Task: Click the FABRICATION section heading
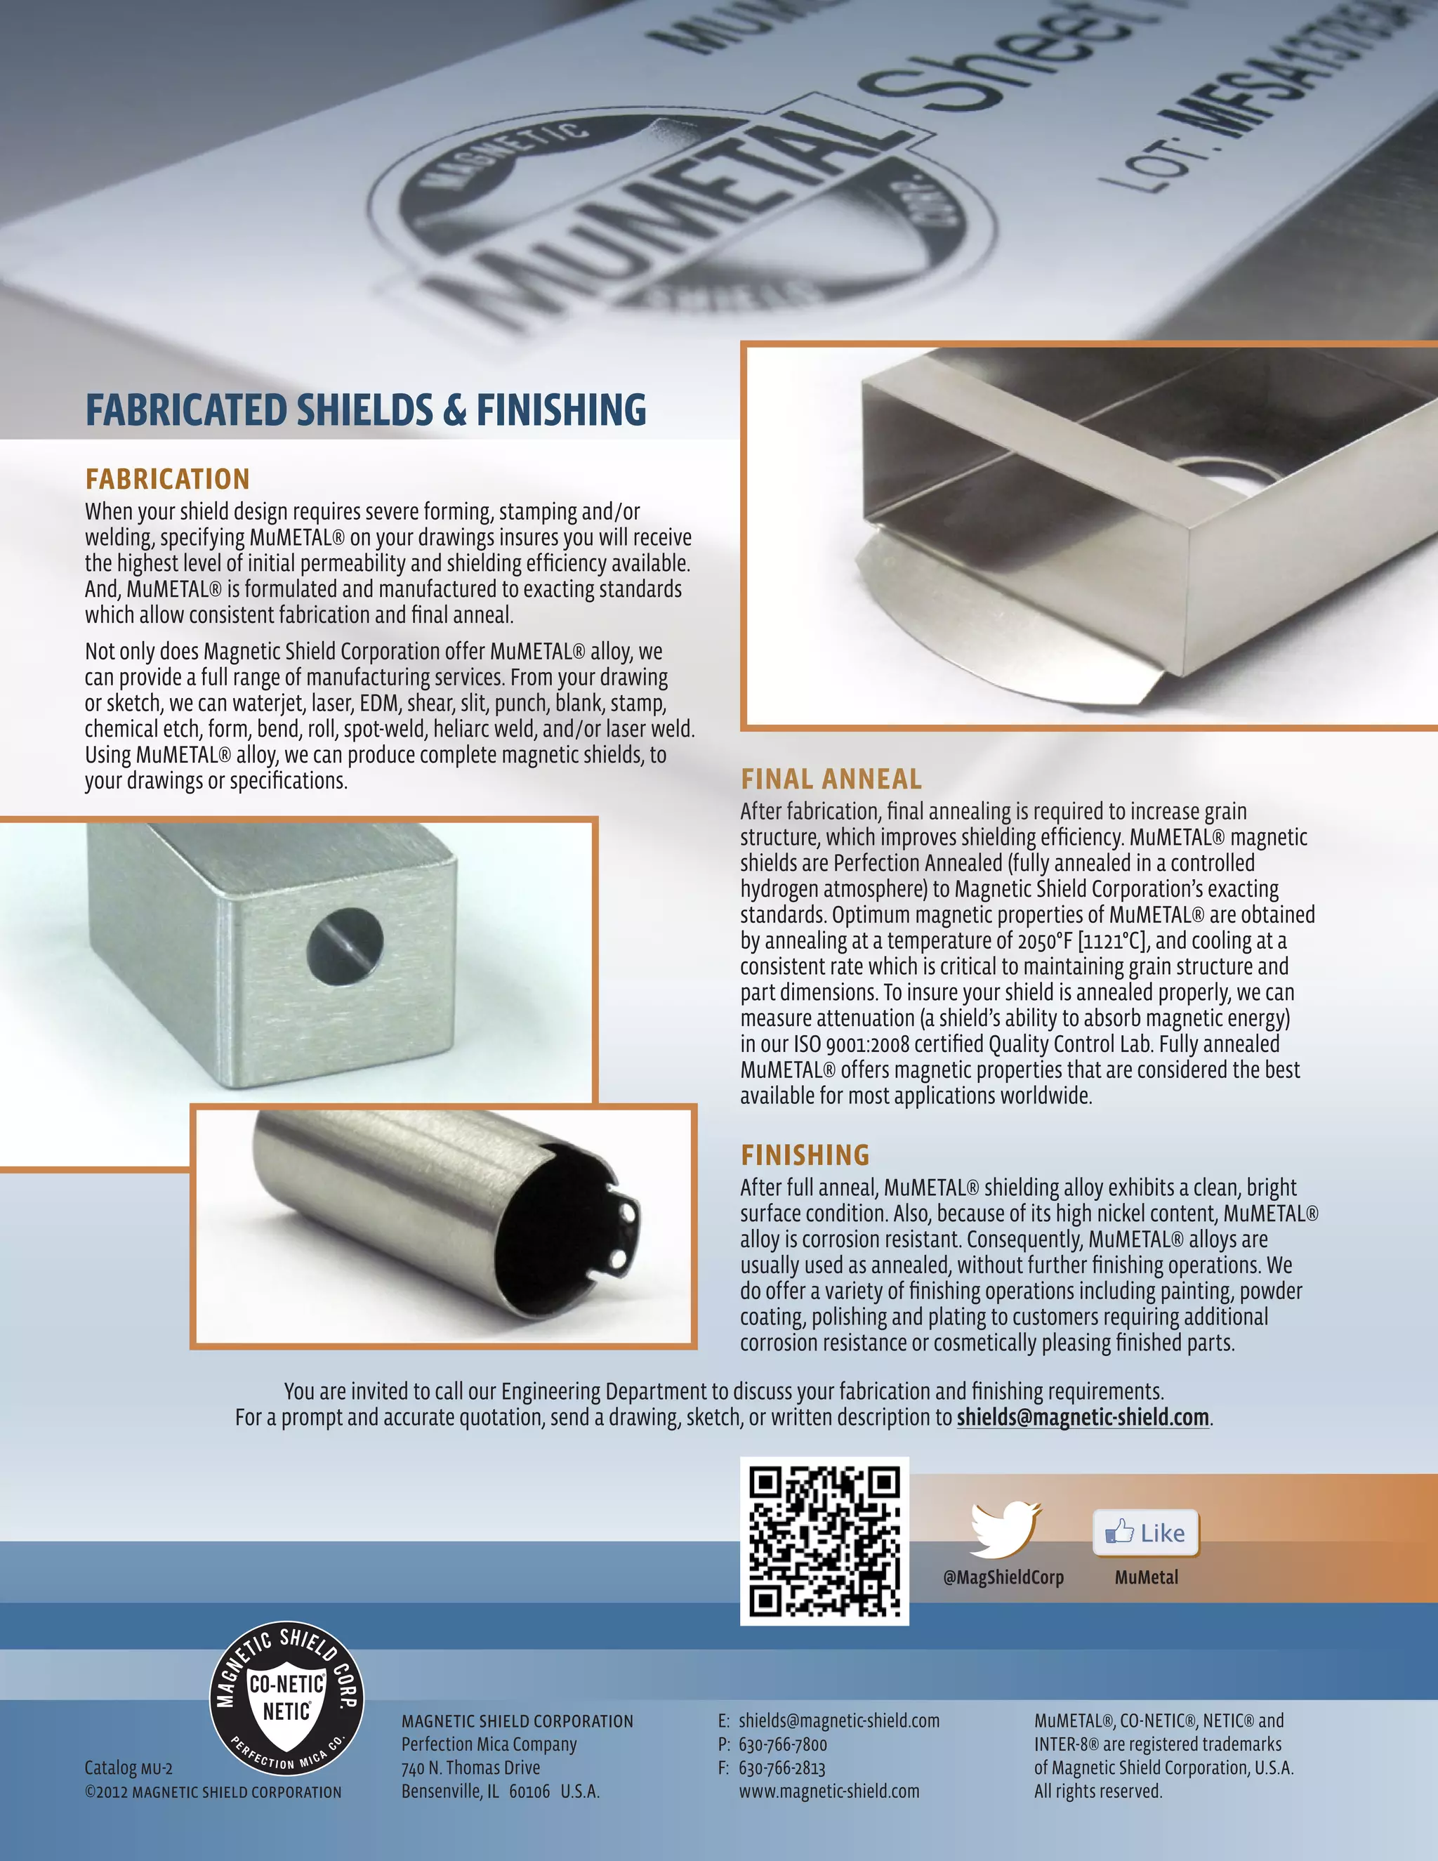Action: tap(167, 479)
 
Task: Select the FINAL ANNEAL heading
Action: tap(831, 779)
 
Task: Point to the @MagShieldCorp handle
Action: tap(1003, 1577)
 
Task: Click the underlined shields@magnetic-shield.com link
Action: tap(1083, 1417)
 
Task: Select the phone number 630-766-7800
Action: tap(782, 1744)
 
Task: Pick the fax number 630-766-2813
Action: tap(782, 1768)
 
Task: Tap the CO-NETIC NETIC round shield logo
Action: tap(287, 1697)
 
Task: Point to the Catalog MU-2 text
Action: tap(128, 1768)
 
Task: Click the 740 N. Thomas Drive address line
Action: tap(470, 1768)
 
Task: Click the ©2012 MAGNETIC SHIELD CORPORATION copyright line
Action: tap(213, 1792)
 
